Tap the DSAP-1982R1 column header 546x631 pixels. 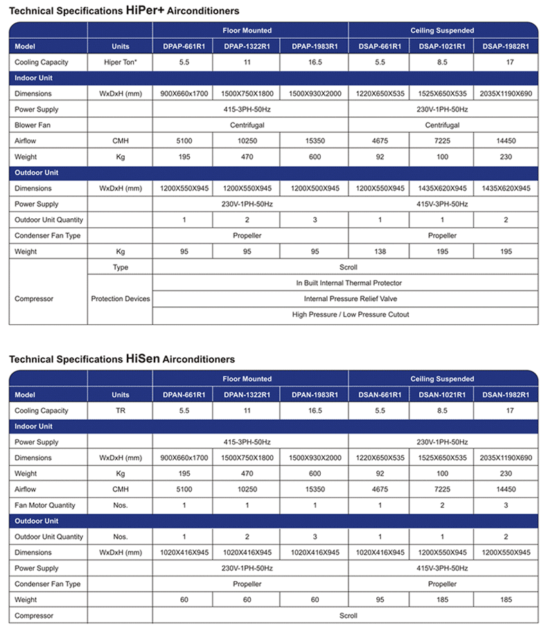click(505, 46)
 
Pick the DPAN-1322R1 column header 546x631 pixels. click(247, 395)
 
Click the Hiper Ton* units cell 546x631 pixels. click(120, 62)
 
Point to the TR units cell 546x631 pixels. click(120, 411)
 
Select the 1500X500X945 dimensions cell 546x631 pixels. click(316, 188)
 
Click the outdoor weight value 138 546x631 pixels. click(379, 251)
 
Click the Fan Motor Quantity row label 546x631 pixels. click(44, 505)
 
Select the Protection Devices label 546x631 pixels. click(120, 299)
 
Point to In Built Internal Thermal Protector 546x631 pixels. click(349, 283)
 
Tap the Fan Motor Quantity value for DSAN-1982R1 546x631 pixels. click(505, 505)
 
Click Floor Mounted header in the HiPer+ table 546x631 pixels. click(247, 30)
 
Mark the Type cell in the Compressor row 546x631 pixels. click(120, 267)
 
